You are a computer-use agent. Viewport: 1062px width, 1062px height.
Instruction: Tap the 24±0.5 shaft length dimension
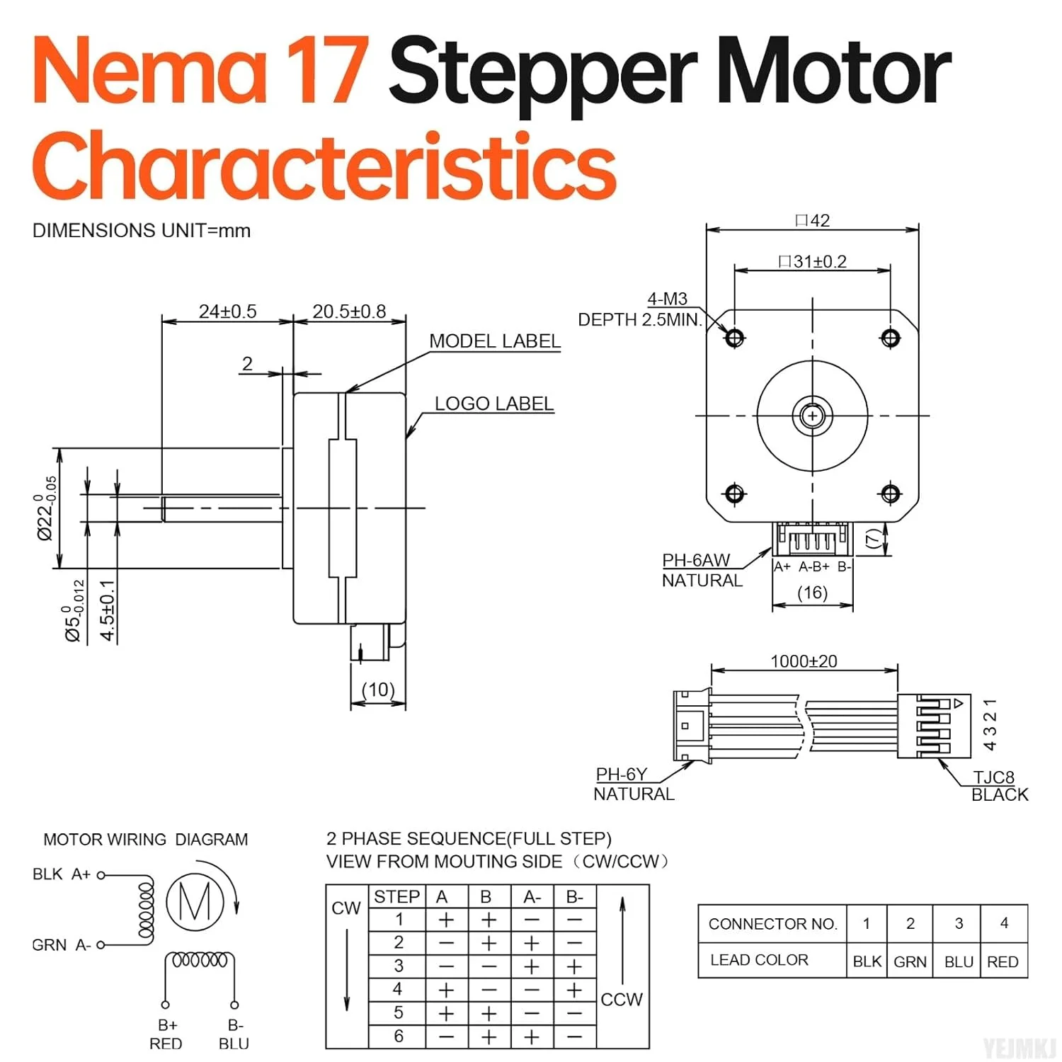227,312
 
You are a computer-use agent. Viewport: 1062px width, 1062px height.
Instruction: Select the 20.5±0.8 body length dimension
349,312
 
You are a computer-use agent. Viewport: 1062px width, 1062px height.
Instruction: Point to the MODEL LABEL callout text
495,341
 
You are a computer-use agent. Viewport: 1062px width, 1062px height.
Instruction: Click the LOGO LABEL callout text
494,404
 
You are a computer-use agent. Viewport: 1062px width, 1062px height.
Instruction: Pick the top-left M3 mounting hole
734,338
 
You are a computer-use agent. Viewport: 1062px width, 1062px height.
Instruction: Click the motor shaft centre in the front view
813,416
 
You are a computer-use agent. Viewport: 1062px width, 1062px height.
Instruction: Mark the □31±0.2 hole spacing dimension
813,262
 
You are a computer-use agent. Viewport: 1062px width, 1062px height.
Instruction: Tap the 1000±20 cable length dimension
804,661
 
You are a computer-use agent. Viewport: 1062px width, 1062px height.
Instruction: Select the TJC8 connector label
993,777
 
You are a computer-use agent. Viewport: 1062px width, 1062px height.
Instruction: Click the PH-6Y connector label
621,775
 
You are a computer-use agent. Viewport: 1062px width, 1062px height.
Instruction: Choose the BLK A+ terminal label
62,874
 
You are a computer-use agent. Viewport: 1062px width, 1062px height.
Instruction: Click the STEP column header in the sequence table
396,896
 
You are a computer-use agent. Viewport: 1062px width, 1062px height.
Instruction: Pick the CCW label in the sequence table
622,1000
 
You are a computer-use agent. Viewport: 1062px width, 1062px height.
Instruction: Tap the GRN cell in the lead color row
910,962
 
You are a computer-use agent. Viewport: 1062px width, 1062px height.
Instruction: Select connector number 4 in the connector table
1004,923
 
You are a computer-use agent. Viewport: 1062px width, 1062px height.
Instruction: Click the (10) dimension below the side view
378,690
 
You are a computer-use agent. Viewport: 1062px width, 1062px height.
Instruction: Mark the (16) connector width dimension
812,593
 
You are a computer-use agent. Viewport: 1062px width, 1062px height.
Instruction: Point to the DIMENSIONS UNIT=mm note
142,231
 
